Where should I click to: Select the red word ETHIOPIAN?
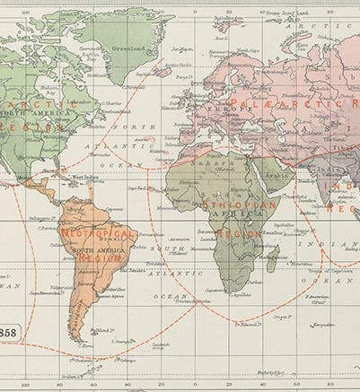[228, 205]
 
